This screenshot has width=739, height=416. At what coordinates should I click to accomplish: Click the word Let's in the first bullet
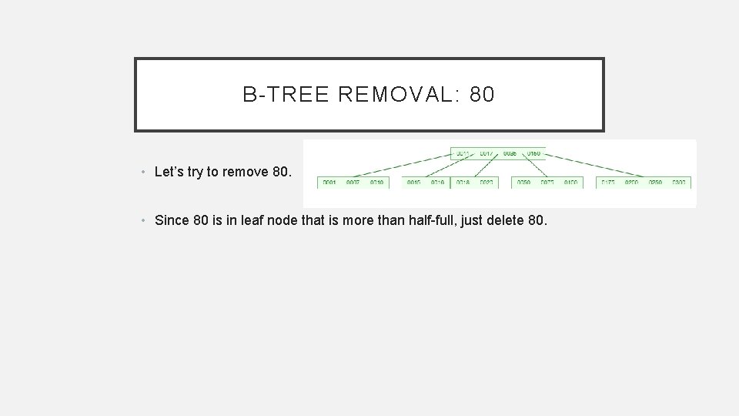[169, 173]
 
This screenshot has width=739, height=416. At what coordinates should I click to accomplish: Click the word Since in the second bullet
[172, 220]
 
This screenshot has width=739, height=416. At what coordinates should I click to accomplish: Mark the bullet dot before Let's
[145, 173]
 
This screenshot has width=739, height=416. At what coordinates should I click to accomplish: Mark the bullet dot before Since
[145, 220]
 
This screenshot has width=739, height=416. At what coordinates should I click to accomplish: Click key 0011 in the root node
[463, 153]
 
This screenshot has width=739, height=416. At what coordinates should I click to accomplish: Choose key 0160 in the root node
[533, 153]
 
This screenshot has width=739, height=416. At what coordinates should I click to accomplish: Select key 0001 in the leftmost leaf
[329, 183]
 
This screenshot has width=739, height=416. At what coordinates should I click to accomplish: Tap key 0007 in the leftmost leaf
[353, 183]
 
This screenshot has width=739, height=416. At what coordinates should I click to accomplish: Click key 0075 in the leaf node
[547, 183]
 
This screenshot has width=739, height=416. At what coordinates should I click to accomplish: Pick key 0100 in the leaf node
[570, 183]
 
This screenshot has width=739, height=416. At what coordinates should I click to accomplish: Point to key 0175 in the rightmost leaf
[609, 183]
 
